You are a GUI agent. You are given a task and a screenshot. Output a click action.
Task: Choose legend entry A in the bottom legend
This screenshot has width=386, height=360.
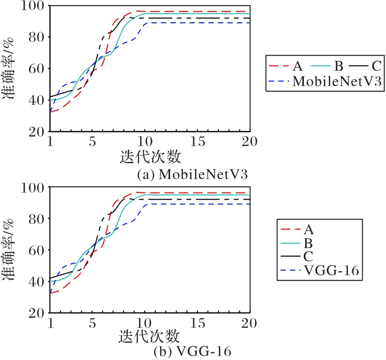[309, 230]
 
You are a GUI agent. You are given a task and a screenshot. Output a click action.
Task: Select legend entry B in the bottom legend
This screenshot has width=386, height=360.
[308, 243]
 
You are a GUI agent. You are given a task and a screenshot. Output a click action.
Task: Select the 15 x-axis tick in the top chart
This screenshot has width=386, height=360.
[198, 142]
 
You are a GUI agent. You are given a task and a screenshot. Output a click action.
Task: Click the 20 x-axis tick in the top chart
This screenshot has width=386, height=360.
[250, 142]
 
